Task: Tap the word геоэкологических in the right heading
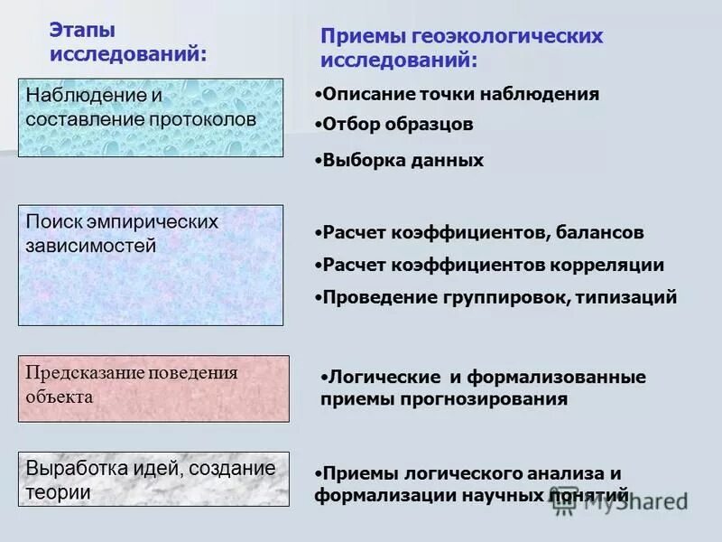[507, 37]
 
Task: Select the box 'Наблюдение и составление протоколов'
[151, 117]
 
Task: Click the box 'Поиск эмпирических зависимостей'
[151, 265]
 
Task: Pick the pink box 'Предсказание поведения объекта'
[153, 388]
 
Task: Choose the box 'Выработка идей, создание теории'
[153, 479]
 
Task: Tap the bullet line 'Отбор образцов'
[397, 125]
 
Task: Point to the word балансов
[599, 233]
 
